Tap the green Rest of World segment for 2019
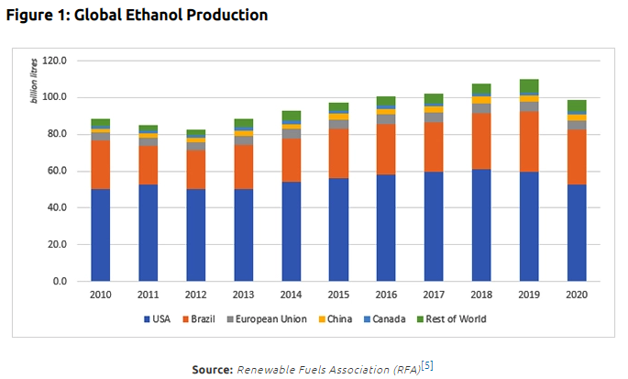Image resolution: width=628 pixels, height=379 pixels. click(x=530, y=86)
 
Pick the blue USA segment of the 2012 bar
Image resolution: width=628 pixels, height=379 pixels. click(x=195, y=235)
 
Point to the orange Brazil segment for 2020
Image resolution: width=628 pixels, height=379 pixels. click(x=577, y=157)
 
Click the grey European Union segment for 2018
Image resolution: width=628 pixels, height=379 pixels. click(x=482, y=108)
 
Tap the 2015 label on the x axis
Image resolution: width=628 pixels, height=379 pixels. click(x=338, y=295)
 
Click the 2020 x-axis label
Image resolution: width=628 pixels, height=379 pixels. click(x=577, y=295)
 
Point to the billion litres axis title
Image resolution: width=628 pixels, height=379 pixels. click(x=36, y=81)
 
